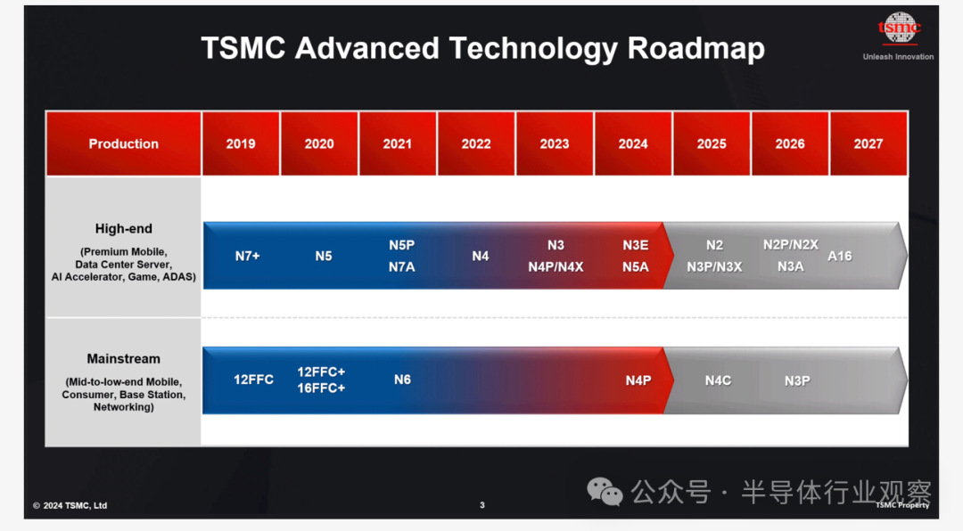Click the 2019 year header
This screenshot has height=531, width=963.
[x=241, y=143]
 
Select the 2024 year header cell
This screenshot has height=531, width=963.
[x=633, y=143]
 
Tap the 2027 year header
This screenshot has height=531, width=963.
[x=868, y=143]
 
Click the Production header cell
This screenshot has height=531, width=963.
[x=123, y=143]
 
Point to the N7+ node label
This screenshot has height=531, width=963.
[x=248, y=256]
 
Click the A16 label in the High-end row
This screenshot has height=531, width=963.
[x=840, y=256]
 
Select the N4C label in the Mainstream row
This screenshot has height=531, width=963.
[x=718, y=380]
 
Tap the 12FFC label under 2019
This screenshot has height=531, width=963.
[x=253, y=380]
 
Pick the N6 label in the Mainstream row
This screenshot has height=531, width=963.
[x=402, y=380]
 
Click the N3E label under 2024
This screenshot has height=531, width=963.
[x=636, y=245]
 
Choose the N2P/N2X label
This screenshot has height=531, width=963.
[x=790, y=245]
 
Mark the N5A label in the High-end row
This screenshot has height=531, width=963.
[x=636, y=267]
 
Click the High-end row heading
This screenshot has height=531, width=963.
[x=123, y=228]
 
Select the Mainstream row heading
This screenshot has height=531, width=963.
[x=123, y=358]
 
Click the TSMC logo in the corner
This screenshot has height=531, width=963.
[x=899, y=29]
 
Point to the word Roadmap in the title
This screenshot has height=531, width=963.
[x=695, y=48]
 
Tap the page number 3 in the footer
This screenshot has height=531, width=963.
[x=482, y=505]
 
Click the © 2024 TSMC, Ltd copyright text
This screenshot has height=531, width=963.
[x=70, y=505]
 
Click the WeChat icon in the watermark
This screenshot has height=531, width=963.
[x=605, y=491]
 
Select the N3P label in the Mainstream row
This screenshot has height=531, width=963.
[x=797, y=380]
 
